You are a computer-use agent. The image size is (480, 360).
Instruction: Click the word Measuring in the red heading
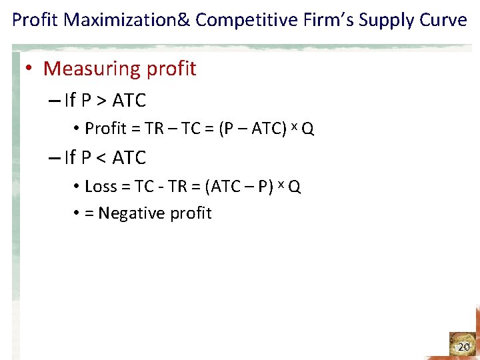91,69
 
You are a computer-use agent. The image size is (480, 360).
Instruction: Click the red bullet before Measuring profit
31,69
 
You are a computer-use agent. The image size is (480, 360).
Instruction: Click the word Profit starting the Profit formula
101,129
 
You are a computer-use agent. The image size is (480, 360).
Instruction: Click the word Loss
101,187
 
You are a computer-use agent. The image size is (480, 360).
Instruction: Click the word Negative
136,213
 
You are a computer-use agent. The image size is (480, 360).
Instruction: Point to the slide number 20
463,347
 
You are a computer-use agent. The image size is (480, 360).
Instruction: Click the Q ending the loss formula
295,187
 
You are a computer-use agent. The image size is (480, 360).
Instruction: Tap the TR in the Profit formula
153,129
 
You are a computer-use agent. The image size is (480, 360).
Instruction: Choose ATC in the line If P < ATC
129,158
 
